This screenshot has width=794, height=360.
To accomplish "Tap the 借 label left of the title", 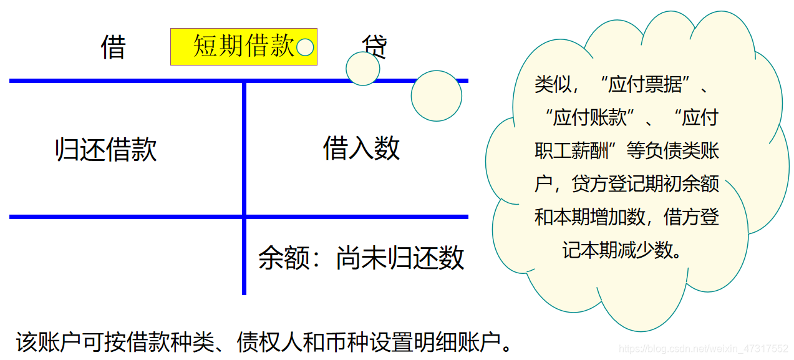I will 114,47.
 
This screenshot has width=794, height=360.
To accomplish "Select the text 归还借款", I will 106,150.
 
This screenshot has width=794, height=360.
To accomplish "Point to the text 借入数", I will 361,148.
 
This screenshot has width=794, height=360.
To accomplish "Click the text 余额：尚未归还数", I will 361,258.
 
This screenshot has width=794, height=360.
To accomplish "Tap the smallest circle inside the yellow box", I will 305,47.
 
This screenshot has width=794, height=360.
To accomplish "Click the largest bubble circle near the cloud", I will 437,96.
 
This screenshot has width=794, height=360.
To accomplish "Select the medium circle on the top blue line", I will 363,69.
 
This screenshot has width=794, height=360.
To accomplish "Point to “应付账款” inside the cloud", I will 590,117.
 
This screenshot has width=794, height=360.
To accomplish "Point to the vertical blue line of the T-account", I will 244,187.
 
